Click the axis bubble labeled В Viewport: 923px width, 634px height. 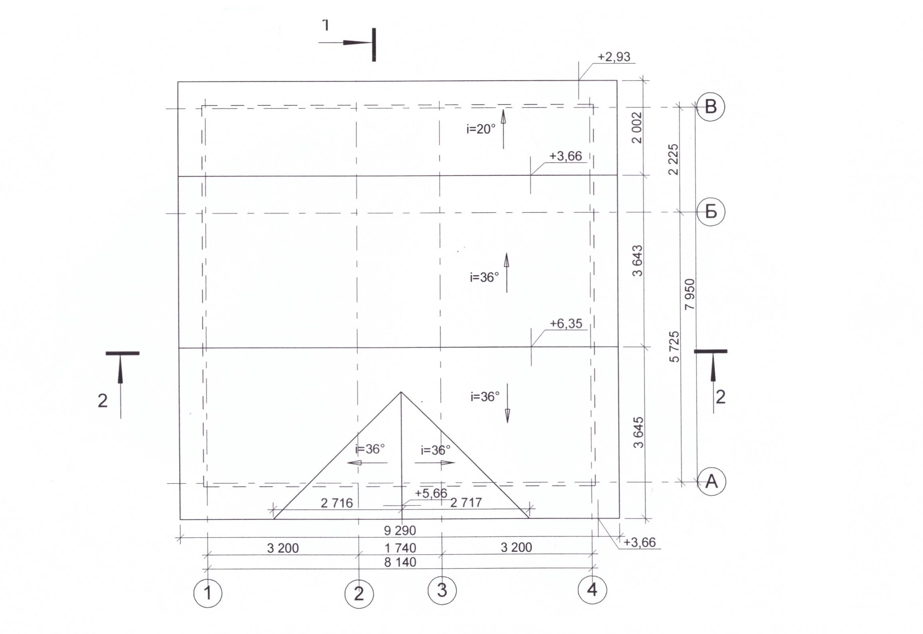coord(711,107)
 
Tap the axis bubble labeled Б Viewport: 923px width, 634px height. coord(711,211)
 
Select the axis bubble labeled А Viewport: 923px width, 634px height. coord(711,481)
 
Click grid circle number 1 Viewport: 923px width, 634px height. coord(208,593)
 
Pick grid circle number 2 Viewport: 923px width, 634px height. coord(359,594)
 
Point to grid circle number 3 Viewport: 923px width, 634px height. coord(442,590)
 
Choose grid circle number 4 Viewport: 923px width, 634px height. coord(592,589)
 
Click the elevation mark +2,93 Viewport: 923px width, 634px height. coord(614,57)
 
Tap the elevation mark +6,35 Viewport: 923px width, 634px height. coord(566,323)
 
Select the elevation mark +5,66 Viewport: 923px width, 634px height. coord(431,493)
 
